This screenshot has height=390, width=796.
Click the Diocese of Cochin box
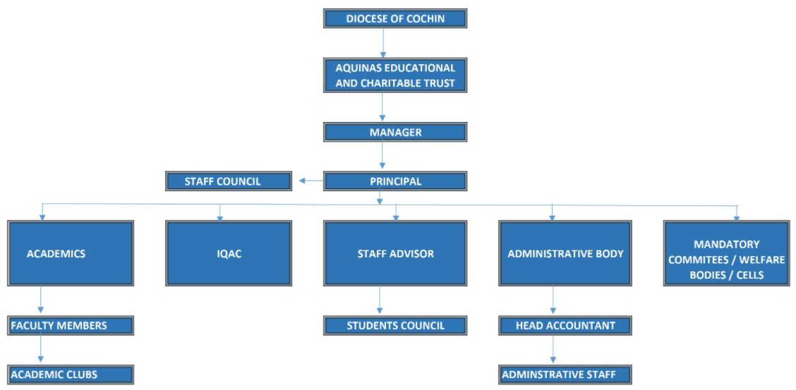click(395, 18)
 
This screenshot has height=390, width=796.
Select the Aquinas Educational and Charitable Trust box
click(395, 76)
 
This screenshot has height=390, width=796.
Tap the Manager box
click(395, 133)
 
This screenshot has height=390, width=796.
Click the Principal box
click(395, 181)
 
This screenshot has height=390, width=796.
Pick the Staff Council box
click(229, 181)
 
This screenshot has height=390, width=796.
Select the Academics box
click(71, 253)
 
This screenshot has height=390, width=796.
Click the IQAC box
click(229, 253)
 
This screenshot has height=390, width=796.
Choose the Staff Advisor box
click(395, 253)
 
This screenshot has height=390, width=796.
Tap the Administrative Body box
click(565, 253)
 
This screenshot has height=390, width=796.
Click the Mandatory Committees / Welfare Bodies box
click(726, 253)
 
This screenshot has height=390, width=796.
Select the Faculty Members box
click(71, 325)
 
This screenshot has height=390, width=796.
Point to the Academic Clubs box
click(71, 374)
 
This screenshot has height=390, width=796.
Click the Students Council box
click(395, 325)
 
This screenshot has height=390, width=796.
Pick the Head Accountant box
click(565, 325)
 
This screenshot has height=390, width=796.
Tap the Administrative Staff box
click(565, 374)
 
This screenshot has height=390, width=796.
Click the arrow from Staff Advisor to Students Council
click(380, 300)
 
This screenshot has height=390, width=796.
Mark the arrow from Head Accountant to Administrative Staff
click(553, 350)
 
